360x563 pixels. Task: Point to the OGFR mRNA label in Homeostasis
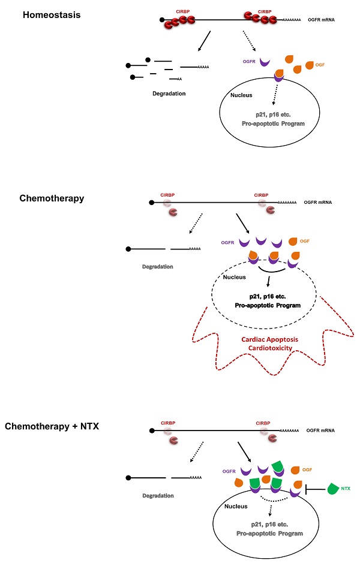[x=320, y=21]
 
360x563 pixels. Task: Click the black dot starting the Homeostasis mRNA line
[x=161, y=21]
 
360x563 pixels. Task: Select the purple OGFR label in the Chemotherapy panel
[x=227, y=243]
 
